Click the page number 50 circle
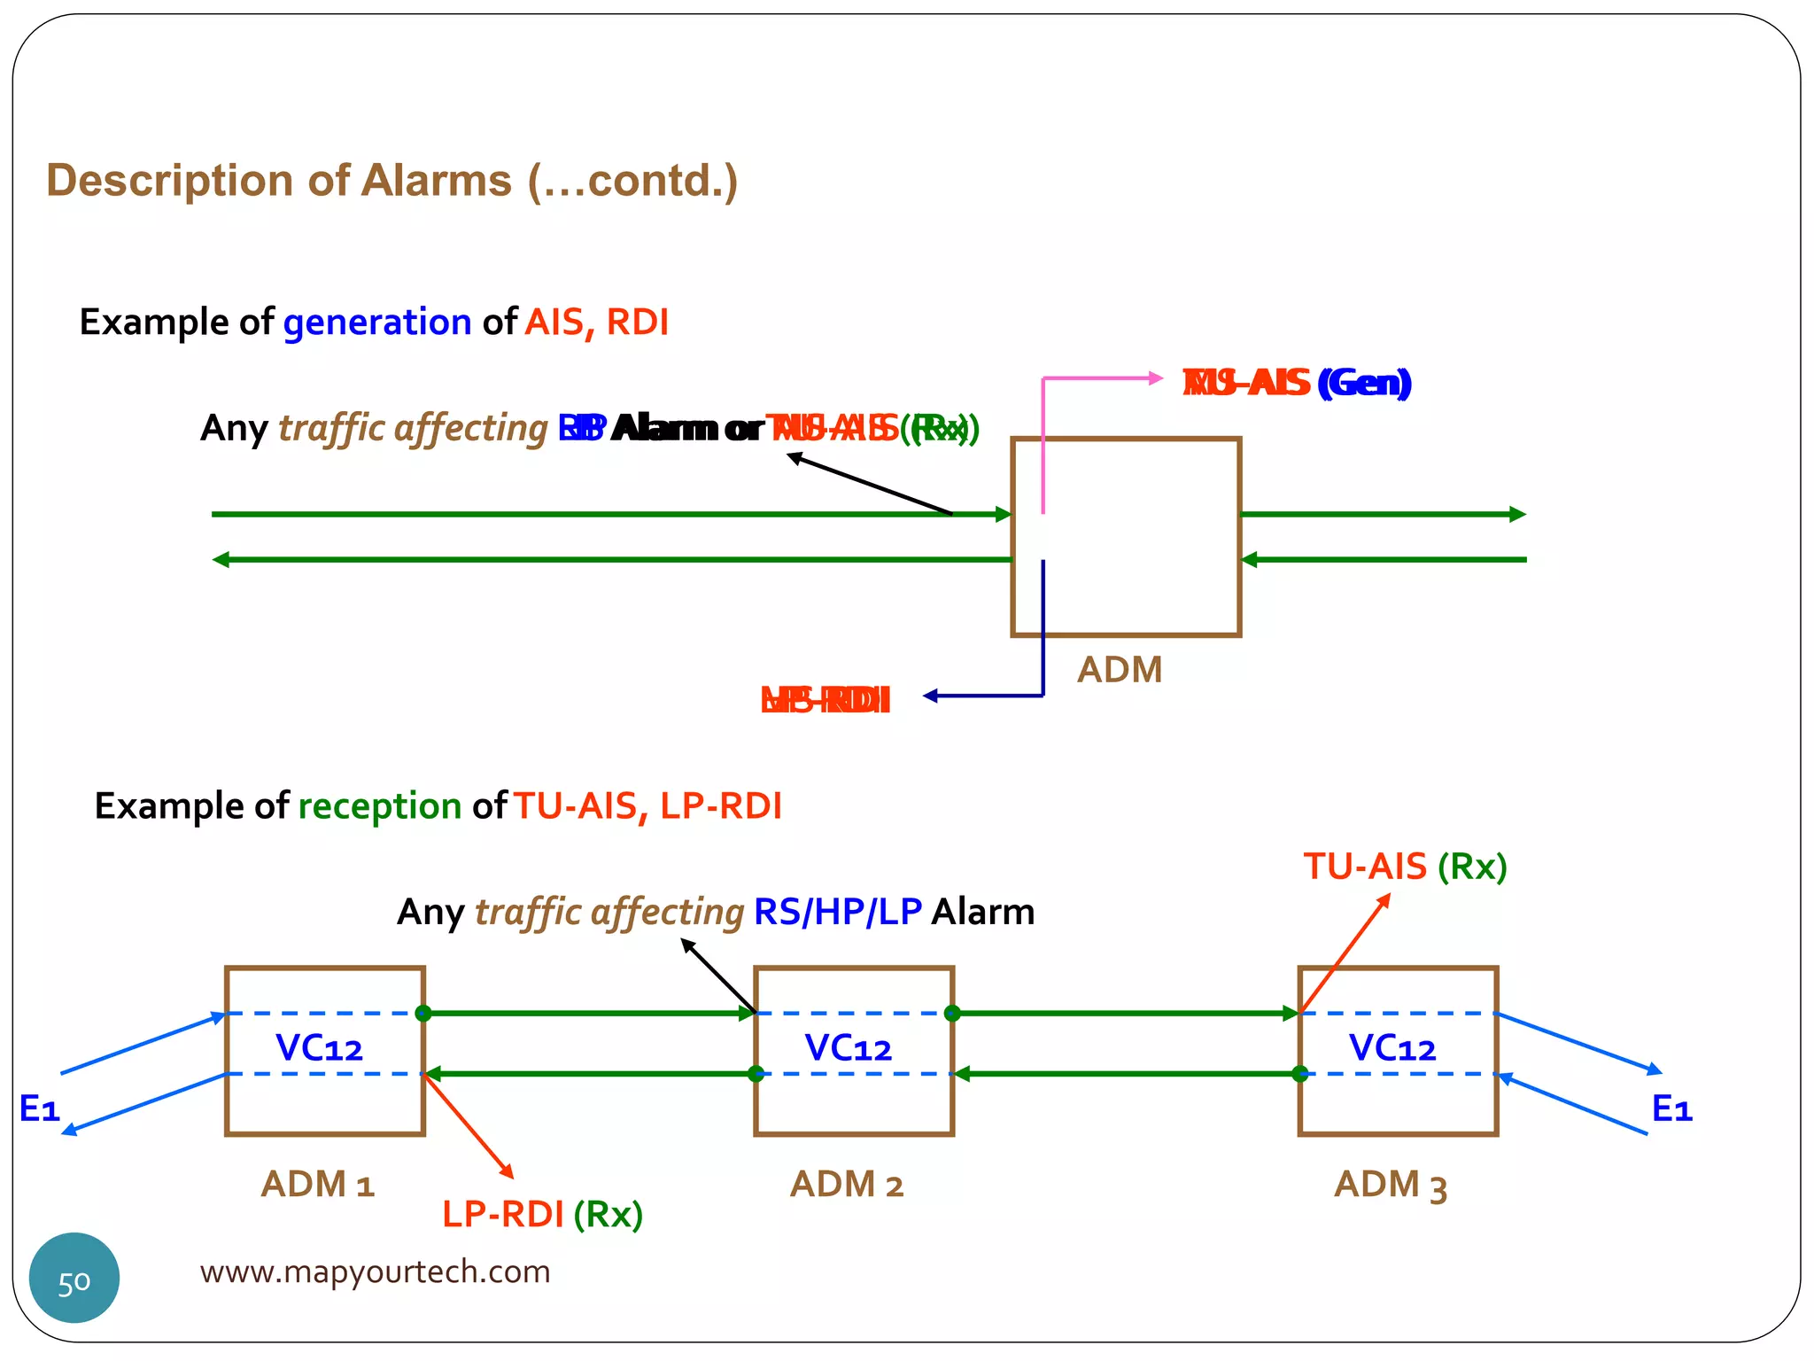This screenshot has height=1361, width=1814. [x=74, y=1278]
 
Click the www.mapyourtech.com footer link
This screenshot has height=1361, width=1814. [x=375, y=1272]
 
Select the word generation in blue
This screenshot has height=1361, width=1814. [x=377, y=322]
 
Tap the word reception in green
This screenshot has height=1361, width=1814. [x=380, y=806]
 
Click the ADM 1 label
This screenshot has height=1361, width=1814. [x=318, y=1185]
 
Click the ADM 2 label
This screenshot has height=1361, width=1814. [x=847, y=1185]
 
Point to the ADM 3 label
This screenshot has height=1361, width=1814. [x=1391, y=1186]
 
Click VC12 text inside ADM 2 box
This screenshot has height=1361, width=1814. [x=849, y=1048]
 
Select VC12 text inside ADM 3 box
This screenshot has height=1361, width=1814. [x=1392, y=1048]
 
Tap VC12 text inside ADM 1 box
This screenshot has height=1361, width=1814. [x=320, y=1048]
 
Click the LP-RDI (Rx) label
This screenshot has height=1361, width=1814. [x=542, y=1214]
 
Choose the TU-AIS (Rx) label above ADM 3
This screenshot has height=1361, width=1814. [x=1405, y=867]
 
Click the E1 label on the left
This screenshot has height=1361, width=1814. [x=40, y=1108]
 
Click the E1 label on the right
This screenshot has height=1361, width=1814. [x=1672, y=1108]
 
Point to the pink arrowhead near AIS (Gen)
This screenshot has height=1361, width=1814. [x=1156, y=378]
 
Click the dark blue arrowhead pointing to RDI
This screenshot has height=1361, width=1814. [x=930, y=696]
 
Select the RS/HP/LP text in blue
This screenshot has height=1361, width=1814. [x=838, y=912]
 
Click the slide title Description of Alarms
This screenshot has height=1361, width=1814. [x=391, y=181]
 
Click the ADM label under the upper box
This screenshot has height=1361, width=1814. [x=1120, y=670]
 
